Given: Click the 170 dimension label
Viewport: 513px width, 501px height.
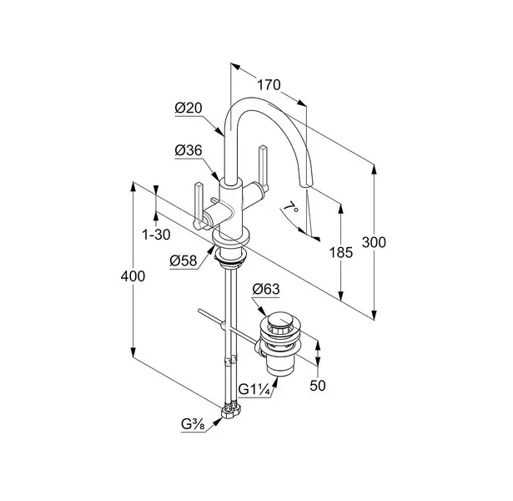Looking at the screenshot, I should click(269, 84).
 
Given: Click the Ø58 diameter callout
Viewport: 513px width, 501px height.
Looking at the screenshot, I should click(184, 261).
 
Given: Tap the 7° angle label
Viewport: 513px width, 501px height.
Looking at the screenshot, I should click(289, 206).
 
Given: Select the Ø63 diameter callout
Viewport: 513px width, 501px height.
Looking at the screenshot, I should click(264, 291).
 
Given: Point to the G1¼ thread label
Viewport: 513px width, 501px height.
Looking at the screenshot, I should click(254, 388).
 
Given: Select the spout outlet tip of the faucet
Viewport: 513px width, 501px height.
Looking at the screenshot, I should click(304, 185).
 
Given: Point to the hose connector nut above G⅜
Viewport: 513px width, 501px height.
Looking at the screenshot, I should click(231, 411).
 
